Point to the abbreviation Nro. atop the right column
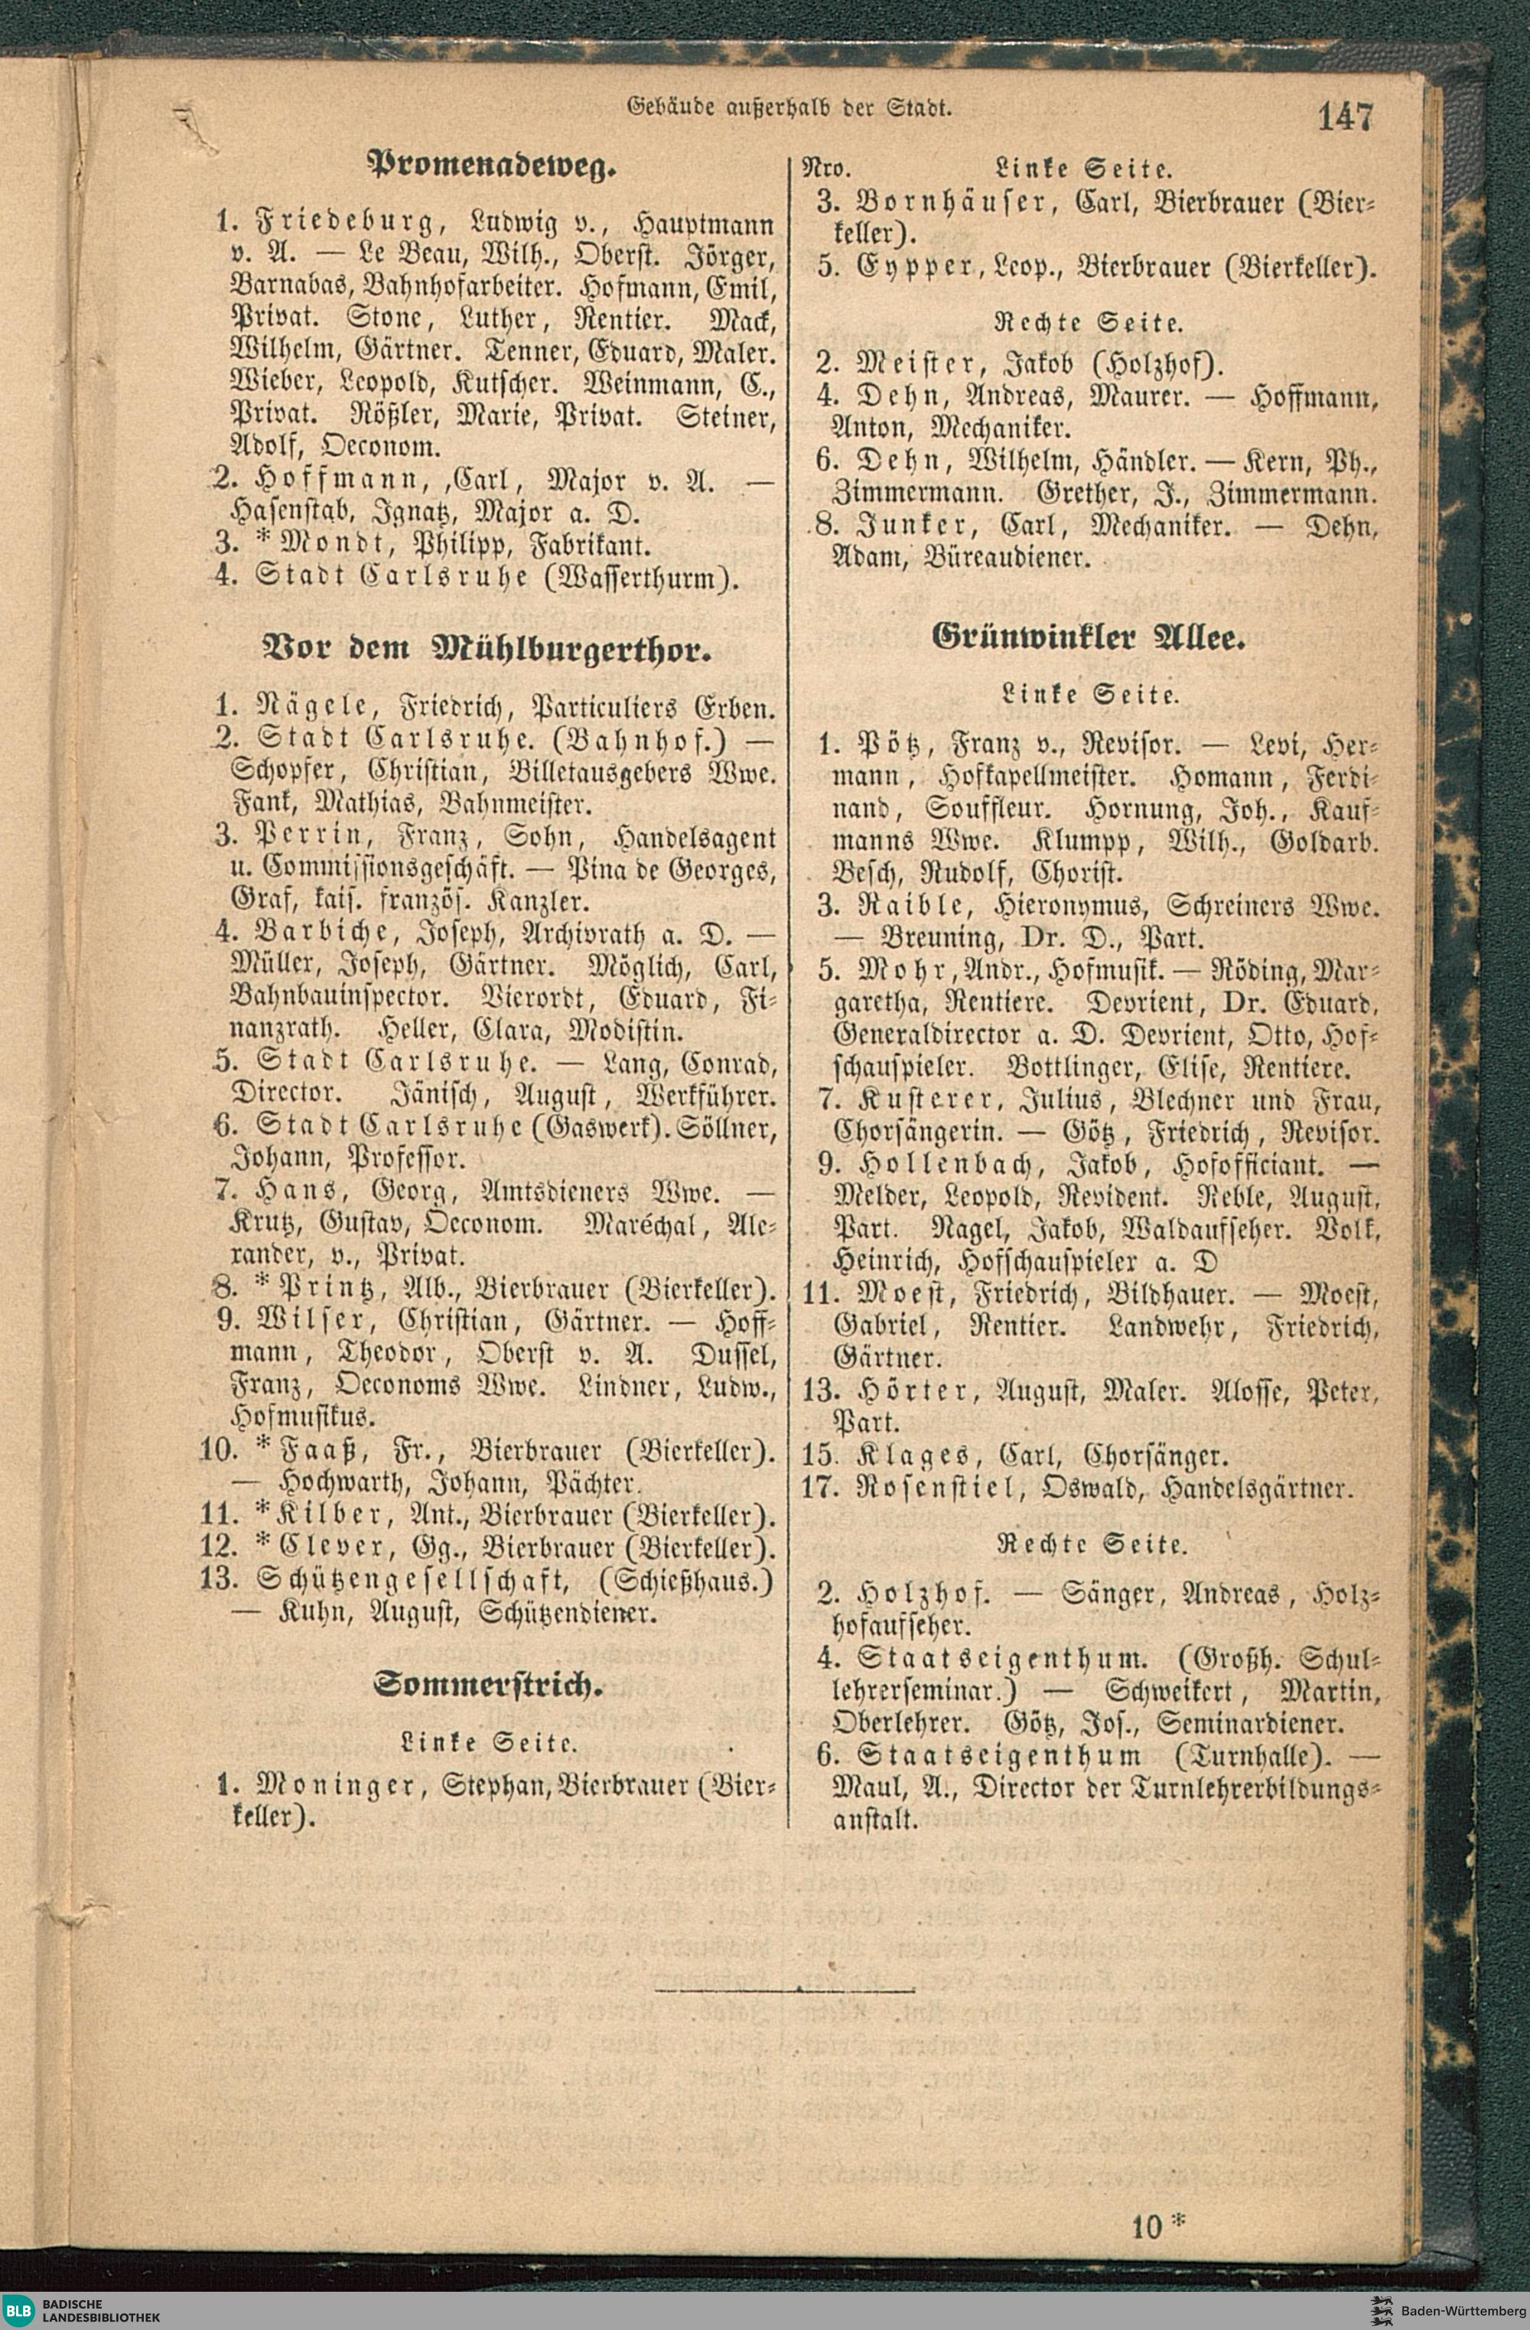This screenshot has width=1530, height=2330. (825, 168)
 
